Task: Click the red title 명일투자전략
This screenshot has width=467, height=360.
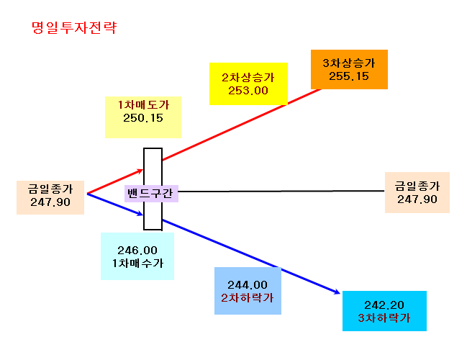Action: (74, 27)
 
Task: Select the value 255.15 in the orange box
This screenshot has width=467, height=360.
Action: (349, 76)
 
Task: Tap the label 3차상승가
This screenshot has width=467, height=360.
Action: (349, 63)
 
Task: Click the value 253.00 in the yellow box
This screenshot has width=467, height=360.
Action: (248, 91)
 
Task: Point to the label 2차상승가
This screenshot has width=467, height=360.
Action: (248, 78)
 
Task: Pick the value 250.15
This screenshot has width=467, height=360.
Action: (143, 118)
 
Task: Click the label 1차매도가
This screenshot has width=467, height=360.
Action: (143, 105)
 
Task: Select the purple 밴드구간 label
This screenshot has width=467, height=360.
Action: (150, 194)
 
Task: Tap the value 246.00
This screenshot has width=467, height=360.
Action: (137, 251)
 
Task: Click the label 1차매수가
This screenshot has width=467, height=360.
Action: (137, 263)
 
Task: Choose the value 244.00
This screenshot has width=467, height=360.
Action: (248, 285)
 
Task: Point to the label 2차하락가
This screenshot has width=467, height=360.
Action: (248, 297)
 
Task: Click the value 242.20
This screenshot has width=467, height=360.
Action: (384, 305)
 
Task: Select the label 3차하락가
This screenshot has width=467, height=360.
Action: (384, 318)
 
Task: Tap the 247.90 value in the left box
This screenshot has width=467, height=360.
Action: (50, 202)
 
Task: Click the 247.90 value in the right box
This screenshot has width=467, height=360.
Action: (417, 199)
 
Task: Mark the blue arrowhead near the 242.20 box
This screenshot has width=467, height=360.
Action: (337, 292)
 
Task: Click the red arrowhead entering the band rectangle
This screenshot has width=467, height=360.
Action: (140, 171)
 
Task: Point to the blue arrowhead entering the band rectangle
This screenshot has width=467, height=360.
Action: (140, 213)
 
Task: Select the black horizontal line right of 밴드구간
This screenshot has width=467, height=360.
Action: (281, 191)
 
